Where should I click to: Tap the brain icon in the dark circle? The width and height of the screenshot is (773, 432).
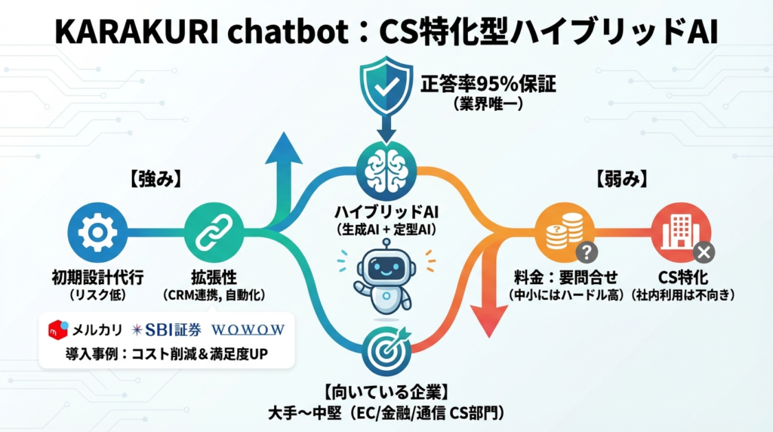click(386, 172)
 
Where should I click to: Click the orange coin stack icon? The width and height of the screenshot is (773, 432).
click(559, 231)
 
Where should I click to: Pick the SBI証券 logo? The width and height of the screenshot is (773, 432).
click(164, 329)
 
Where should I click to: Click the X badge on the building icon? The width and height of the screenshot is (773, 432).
click(704, 252)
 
